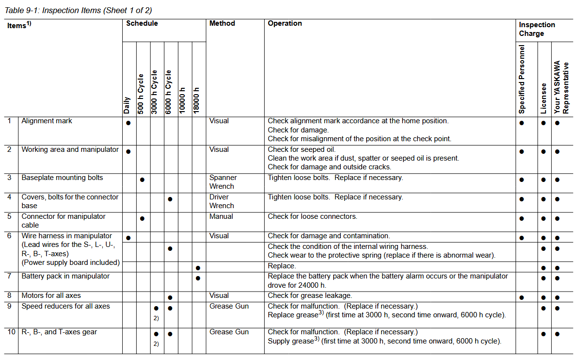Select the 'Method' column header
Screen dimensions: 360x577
pos(222,23)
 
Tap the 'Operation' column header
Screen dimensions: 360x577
pos(285,23)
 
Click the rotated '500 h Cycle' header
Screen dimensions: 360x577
pos(141,94)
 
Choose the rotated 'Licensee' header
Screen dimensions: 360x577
pos(544,98)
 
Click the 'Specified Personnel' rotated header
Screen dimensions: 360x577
pos(522,79)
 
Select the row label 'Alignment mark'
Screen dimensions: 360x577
pos(47,121)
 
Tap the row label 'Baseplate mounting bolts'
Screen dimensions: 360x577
pos(62,178)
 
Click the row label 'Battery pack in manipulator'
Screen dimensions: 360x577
pos(65,276)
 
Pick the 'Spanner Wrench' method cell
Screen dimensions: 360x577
pos(222,182)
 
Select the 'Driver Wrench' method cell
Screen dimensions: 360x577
pos(222,201)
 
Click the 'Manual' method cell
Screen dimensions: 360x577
pos(221,216)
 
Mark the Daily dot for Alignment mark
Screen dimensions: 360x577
pos(128,123)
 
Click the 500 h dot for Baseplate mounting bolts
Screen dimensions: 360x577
pos(142,180)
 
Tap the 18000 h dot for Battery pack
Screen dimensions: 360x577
pos(198,278)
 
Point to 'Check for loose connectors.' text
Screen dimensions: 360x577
pos(312,216)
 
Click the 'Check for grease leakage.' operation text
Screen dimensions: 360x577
pos(310,295)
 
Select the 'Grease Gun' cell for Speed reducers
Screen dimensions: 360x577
pos(229,306)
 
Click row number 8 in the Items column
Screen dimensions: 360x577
pos(9,295)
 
